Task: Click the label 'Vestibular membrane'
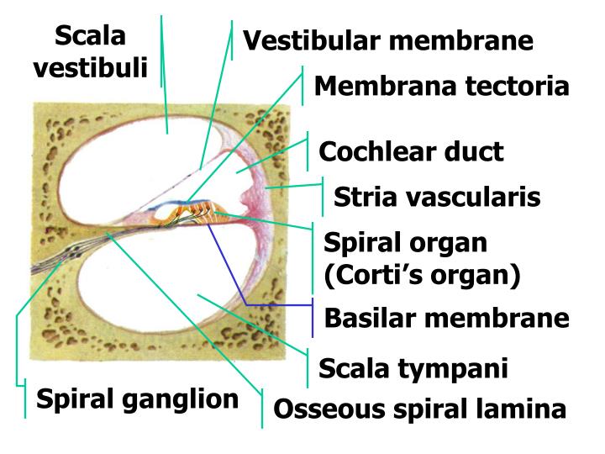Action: pos(388,41)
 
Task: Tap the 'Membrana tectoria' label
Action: pos(442,86)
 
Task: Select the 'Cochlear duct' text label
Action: pos(411,152)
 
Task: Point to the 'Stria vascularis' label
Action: pos(437,198)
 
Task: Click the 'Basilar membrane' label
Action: pos(447,319)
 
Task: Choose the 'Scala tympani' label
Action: pos(413,368)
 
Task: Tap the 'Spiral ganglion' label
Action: pos(137,399)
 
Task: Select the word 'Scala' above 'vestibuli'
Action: pos(90,36)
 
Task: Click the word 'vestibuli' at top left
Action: pos(90,67)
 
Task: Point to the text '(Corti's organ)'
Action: pos(423,275)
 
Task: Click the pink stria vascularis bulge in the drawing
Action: pos(250,203)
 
